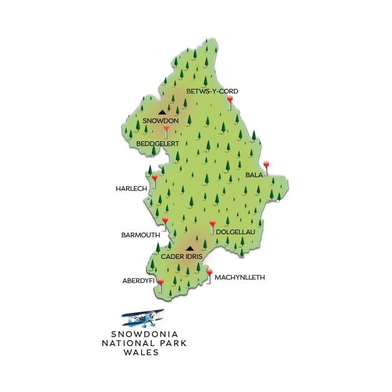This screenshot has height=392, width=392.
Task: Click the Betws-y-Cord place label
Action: (x=213, y=91)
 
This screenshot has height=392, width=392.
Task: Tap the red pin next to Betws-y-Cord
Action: (x=230, y=100)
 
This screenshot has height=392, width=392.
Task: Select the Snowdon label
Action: (x=161, y=121)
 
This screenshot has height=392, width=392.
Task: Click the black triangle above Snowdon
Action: (x=162, y=113)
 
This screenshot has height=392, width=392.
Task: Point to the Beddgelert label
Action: (x=158, y=144)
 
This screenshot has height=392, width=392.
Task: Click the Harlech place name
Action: (x=130, y=188)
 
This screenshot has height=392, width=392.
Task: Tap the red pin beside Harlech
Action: (x=154, y=178)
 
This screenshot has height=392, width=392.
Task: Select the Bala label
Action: (x=254, y=176)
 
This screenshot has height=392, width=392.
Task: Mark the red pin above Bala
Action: (x=266, y=166)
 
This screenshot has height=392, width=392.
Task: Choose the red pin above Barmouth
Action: (x=165, y=221)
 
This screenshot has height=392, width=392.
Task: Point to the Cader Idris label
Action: (x=182, y=256)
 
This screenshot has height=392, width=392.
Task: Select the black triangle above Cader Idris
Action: (x=190, y=248)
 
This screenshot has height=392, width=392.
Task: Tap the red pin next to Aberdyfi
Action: (x=161, y=284)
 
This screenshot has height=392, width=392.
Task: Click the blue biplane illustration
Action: (x=143, y=318)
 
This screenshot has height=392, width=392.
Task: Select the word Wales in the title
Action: (x=141, y=352)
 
